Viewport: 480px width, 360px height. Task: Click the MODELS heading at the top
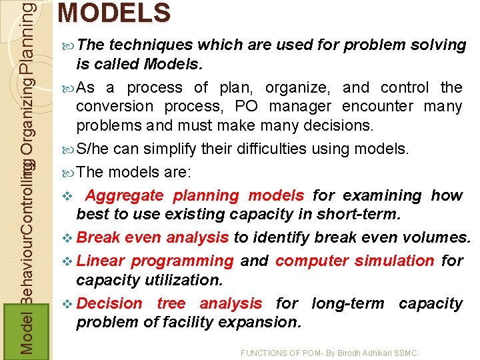pos(114,13)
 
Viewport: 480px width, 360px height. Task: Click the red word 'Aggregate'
pos(125,195)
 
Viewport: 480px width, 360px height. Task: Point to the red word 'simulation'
pos(394,261)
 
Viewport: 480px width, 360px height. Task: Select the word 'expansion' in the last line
pos(265,323)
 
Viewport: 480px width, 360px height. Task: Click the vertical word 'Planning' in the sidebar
pos(26,37)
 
